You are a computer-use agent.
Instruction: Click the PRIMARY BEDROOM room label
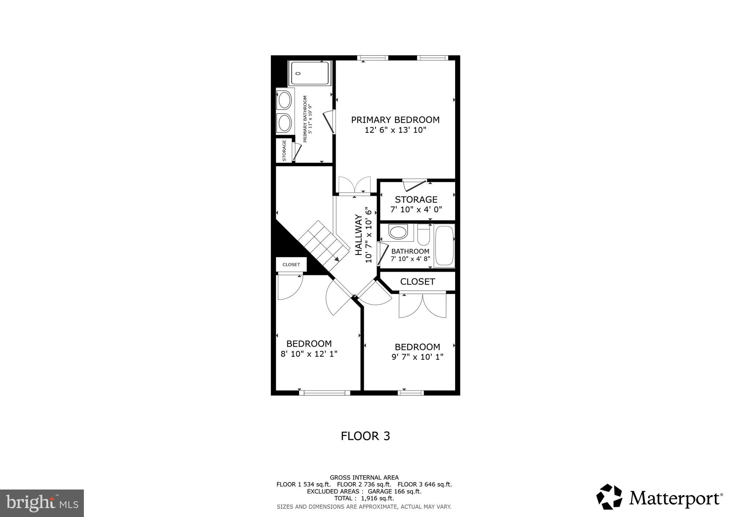(395, 120)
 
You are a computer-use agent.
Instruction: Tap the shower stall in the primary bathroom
(310, 73)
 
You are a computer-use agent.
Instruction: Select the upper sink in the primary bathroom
(285, 100)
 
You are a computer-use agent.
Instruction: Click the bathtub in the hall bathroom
(444, 246)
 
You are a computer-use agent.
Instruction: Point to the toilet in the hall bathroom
(423, 235)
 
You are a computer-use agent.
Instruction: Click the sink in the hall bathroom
(398, 232)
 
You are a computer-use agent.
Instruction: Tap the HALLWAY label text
(359, 235)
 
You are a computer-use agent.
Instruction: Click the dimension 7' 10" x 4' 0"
(416, 210)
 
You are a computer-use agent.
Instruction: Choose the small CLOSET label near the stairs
(291, 265)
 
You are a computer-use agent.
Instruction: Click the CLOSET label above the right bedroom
(417, 282)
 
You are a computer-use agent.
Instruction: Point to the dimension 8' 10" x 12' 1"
(309, 354)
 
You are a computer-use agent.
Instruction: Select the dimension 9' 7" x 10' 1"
(417, 357)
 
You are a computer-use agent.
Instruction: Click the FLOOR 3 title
(365, 436)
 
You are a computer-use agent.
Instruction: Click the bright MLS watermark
(42, 503)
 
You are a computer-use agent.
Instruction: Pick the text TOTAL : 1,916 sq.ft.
(364, 498)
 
